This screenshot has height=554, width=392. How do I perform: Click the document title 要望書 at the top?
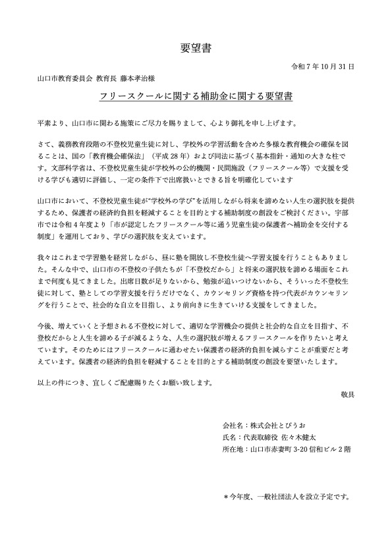(x=196, y=47)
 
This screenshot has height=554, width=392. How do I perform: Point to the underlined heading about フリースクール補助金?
(x=196, y=96)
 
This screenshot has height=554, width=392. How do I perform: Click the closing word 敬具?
(x=348, y=394)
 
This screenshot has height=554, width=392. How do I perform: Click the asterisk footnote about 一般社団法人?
(x=286, y=495)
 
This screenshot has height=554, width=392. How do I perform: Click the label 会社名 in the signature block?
(x=235, y=426)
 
